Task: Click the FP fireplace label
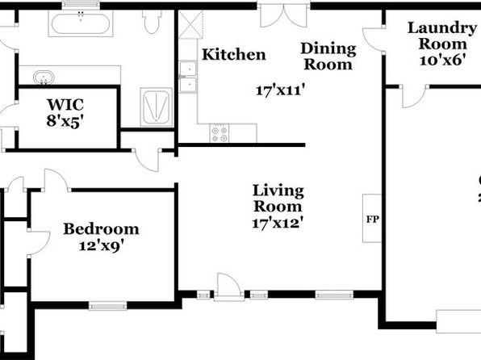coord(372,219)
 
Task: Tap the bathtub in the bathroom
coord(81,23)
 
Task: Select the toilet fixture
coord(152,22)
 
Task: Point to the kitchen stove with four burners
coord(220,133)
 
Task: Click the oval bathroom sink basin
coord(44,77)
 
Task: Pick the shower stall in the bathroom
coord(156,107)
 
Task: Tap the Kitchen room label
coord(234,55)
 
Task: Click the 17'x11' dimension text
coord(280,90)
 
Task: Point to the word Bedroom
coord(101,229)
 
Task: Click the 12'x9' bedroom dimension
coord(102,246)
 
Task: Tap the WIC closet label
coord(65,105)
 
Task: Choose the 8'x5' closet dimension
coord(65,120)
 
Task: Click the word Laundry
coord(442,29)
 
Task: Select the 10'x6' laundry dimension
coord(442,61)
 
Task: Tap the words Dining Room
coord(328,57)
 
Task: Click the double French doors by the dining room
coord(283,15)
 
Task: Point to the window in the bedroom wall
coord(107,306)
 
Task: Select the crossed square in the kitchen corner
coord(190,24)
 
